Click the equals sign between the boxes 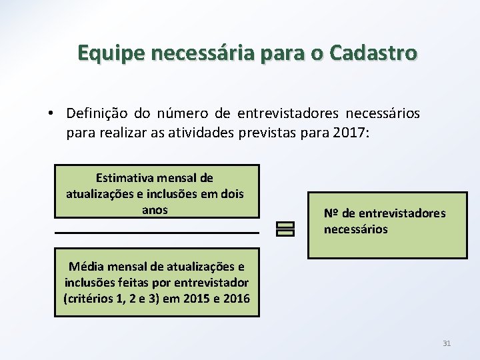(x=284, y=228)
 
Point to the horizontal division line (x=157, y=233)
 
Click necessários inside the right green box (x=355, y=229)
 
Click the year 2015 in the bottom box (x=193, y=298)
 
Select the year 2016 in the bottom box (x=236, y=298)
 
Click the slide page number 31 (x=447, y=343)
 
